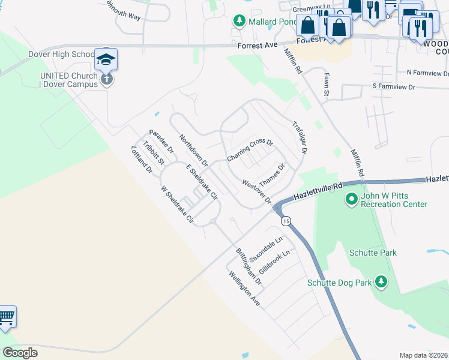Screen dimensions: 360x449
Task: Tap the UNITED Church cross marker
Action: click(x=106, y=79)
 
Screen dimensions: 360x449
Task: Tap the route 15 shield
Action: click(x=286, y=221)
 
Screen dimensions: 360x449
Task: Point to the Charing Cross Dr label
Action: click(x=250, y=151)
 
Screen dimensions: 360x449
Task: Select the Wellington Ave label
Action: click(x=244, y=289)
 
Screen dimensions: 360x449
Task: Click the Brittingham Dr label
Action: click(x=249, y=266)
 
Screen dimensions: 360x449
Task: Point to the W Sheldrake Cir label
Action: click(x=177, y=205)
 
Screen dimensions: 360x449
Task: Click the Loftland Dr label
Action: click(x=142, y=160)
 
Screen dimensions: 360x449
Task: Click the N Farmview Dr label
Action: click(x=427, y=71)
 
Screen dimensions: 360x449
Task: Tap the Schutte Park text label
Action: click(x=373, y=253)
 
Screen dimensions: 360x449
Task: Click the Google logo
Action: click(x=20, y=353)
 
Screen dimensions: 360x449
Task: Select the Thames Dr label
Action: click(x=271, y=175)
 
